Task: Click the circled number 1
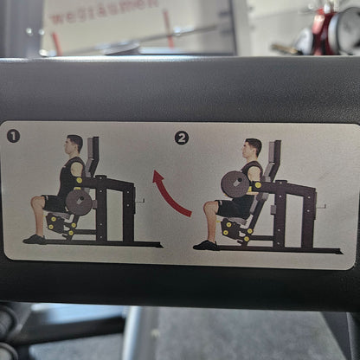tap(13, 136)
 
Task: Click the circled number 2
tap(181, 138)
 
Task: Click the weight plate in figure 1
tap(80, 202)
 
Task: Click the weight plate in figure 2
tap(235, 184)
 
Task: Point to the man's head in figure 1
tap(75, 144)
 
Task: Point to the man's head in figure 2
tap(252, 147)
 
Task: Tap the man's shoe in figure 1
tap(35, 239)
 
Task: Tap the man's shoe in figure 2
tap(206, 245)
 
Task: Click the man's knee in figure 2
tap(209, 208)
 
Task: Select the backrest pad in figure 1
tap(92, 156)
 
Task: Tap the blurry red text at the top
tap(104, 11)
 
